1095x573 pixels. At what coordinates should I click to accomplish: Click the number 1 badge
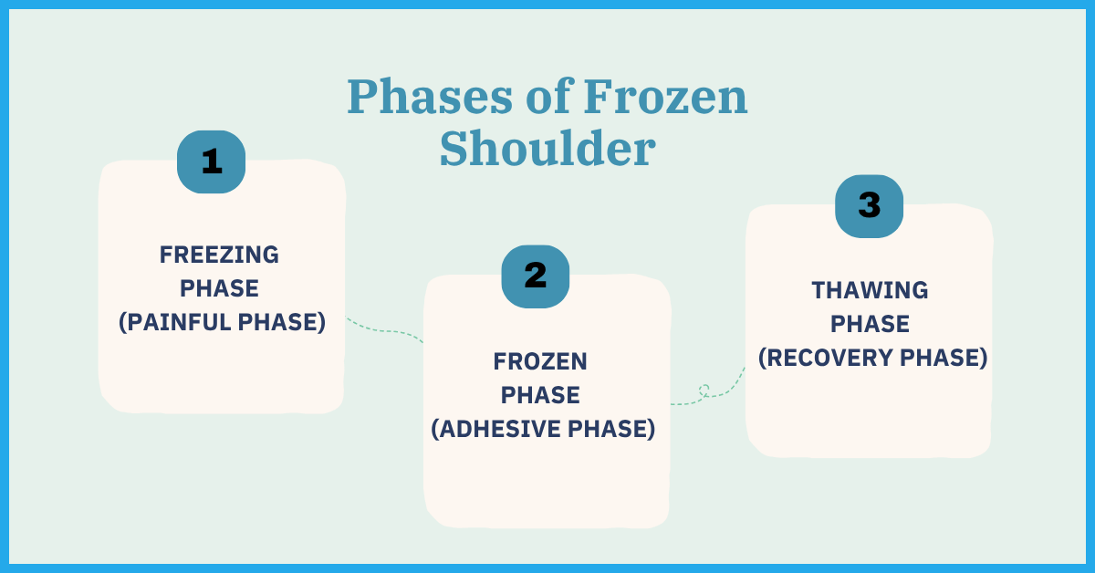(x=211, y=161)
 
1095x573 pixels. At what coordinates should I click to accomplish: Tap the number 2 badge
(x=536, y=276)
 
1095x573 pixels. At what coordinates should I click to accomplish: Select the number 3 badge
(x=869, y=206)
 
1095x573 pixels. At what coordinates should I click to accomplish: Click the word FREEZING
(x=219, y=255)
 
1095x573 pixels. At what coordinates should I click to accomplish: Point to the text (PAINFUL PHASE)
(x=223, y=322)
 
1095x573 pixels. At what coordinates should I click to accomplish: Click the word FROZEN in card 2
(x=540, y=362)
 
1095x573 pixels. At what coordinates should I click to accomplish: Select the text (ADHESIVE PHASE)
(x=543, y=429)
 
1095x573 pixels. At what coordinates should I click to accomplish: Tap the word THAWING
(x=870, y=290)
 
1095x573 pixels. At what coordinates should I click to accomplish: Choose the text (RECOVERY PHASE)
(x=873, y=358)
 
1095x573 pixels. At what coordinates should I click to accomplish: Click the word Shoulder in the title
(x=547, y=149)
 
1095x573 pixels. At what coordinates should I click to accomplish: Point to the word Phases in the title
(x=430, y=97)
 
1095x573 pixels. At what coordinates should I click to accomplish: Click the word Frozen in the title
(x=665, y=97)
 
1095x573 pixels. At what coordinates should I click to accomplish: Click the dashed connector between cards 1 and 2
(x=385, y=331)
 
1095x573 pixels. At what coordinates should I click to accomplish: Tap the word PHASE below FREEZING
(x=219, y=288)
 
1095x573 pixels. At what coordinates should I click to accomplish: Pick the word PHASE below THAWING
(x=871, y=324)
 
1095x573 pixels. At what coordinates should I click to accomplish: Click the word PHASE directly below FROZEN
(x=540, y=395)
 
